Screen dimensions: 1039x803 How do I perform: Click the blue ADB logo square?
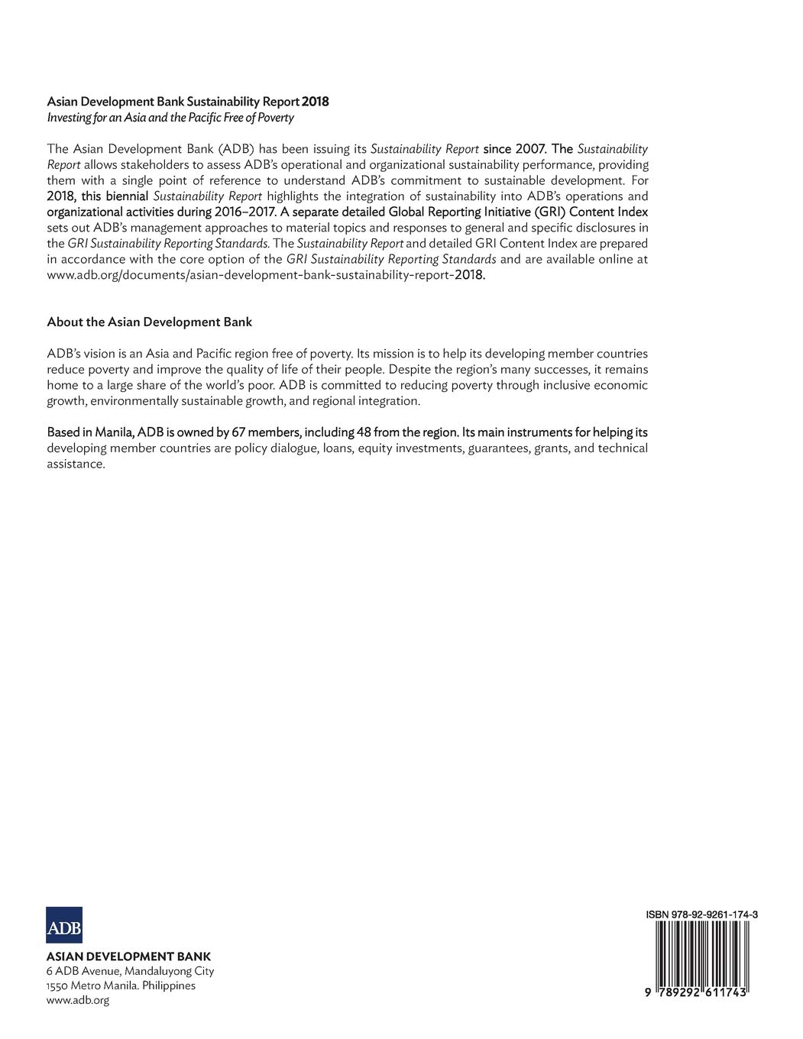(x=64, y=924)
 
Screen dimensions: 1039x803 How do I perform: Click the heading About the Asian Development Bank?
(x=149, y=322)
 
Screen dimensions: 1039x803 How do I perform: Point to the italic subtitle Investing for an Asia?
(x=170, y=118)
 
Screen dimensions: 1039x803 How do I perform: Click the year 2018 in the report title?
(x=316, y=102)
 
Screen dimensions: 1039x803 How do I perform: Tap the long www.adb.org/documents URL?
(x=266, y=275)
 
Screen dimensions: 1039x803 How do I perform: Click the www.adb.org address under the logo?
(x=78, y=1000)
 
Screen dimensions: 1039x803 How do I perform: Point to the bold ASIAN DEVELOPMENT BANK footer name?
(x=128, y=956)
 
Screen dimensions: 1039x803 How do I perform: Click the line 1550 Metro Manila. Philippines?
(x=121, y=986)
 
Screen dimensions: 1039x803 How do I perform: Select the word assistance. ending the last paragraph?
(x=76, y=464)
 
